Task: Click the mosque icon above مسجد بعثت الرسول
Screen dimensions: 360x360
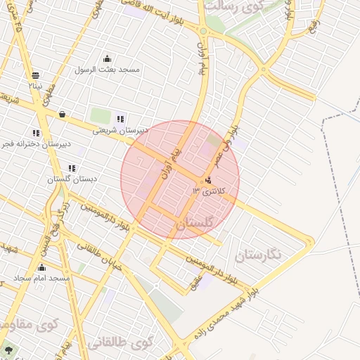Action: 107,59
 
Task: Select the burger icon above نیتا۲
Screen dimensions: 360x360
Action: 35,75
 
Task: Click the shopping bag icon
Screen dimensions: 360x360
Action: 62,113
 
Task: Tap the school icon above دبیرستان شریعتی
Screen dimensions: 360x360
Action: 120,119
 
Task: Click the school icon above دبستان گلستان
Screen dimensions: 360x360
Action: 72,168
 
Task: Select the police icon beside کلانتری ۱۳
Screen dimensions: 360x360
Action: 208,180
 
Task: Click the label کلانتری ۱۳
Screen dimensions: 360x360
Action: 210,191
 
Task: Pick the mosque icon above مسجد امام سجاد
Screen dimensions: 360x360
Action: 41,268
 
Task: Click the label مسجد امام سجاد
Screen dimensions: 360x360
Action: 44,278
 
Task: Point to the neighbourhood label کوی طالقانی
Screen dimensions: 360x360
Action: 122,342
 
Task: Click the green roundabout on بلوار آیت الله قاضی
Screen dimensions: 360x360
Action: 203,31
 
